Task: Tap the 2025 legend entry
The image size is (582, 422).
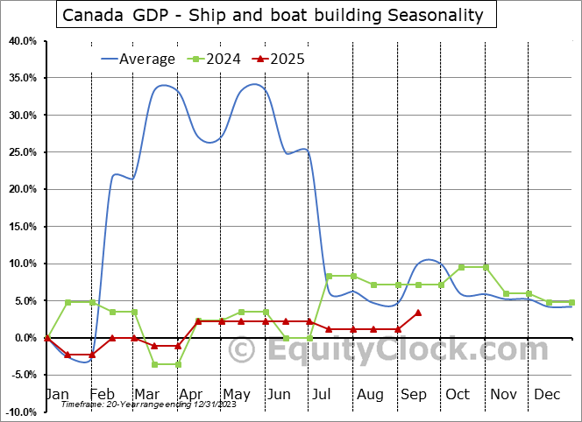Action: [286, 60]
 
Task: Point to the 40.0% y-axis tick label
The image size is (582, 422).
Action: [21, 41]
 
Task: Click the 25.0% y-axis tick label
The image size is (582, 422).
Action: [21, 152]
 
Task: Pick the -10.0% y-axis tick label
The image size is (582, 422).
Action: [21, 412]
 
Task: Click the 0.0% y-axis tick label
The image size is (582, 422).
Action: [24, 338]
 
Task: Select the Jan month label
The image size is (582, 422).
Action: [57, 395]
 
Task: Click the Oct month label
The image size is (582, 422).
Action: [458, 395]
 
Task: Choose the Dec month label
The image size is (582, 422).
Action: [547, 395]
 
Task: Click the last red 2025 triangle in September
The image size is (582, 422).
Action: [419, 313]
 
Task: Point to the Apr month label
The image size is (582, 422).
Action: [191, 395]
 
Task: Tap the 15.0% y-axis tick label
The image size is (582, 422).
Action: [21, 227]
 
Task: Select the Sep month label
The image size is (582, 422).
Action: [413, 395]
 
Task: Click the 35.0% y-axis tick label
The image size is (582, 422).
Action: [21, 78]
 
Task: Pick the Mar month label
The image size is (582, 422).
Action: [146, 395]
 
